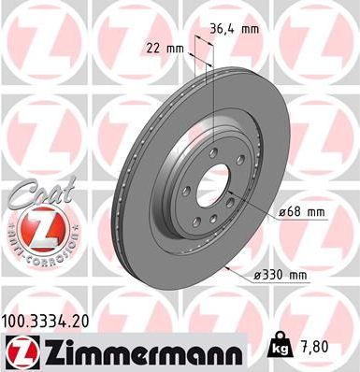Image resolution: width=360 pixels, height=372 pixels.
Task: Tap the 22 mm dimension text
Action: click(x=163, y=47)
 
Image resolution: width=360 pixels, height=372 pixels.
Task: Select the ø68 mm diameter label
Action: click(x=300, y=213)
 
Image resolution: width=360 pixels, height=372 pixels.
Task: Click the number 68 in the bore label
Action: click(x=296, y=213)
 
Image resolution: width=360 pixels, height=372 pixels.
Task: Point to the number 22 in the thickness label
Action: click(x=151, y=47)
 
